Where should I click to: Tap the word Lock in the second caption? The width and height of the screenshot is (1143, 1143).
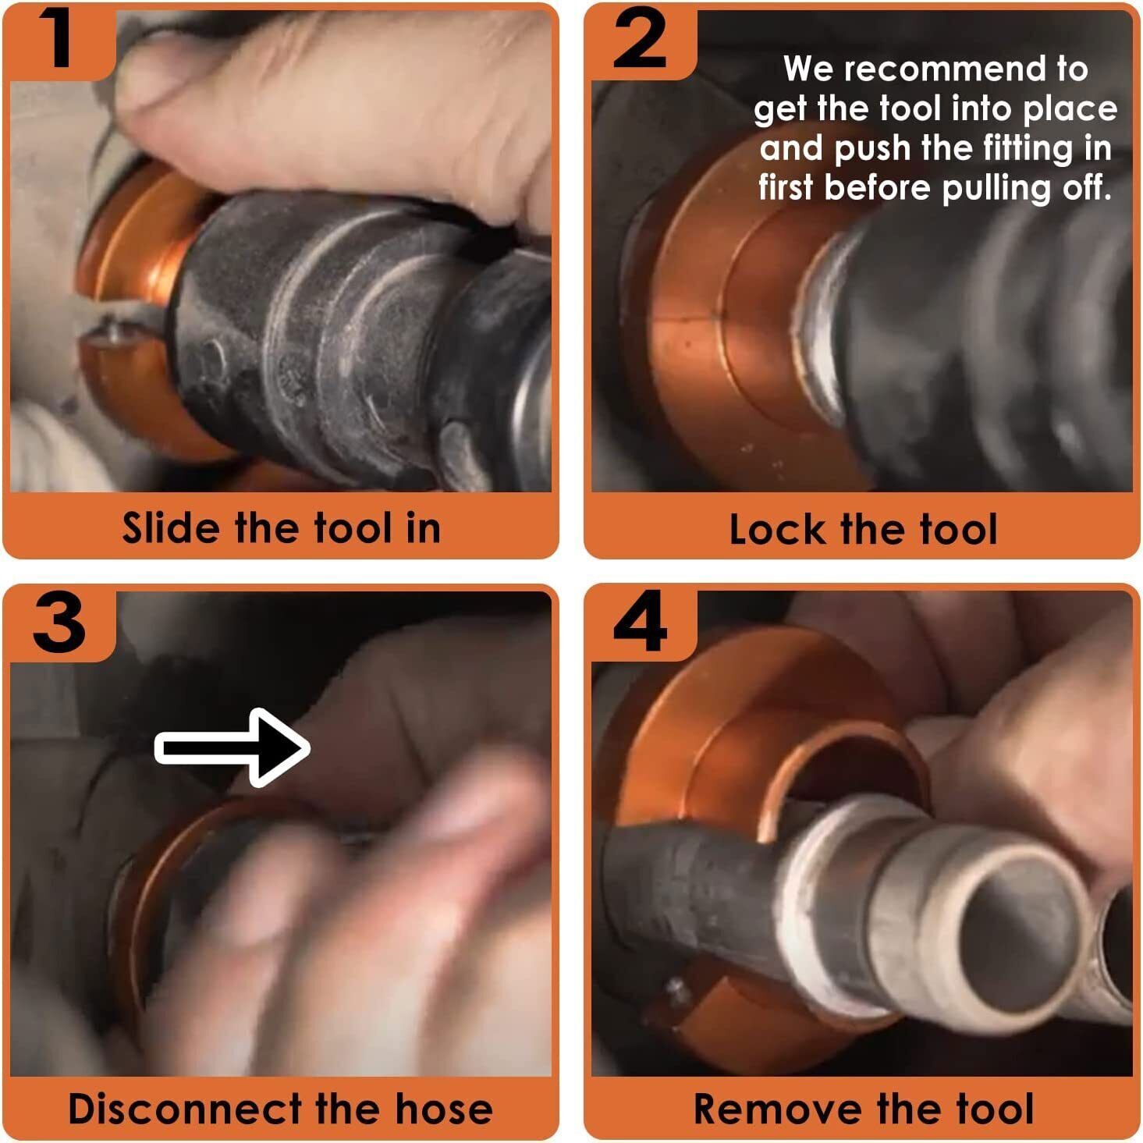[x=778, y=529]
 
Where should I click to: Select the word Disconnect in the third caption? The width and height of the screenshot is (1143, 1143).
[x=185, y=1108]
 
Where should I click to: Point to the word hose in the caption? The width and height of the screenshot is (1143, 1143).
[x=444, y=1108]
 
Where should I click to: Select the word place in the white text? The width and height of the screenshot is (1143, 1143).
[x=1070, y=109]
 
